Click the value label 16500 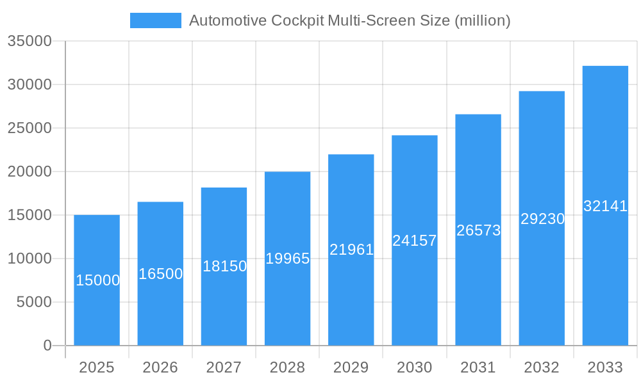pyautogui.click(x=160, y=274)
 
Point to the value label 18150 pyautogui.click(x=224, y=266)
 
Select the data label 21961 pyautogui.click(x=351, y=250)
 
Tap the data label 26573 pyautogui.click(x=478, y=230)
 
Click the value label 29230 pyautogui.click(x=542, y=219)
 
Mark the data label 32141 pyautogui.click(x=605, y=206)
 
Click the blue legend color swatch pyautogui.click(x=156, y=20)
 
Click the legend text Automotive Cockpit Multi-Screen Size pyautogui.click(x=350, y=20)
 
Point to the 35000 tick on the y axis pyautogui.click(x=29, y=41)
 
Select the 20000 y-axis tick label pyautogui.click(x=29, y=172)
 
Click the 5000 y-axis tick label pyautogui.click(x=34, y=302)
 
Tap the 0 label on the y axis pyautogui.click(x=47, y=346)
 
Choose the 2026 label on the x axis pyautogui.click(x=160, y=367)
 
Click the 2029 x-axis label pyautogui.click(x=351, y=367)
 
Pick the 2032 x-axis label pyautogui.click(x=542, y=367)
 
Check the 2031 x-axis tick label pyautogui.click(x=478, y=367)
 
